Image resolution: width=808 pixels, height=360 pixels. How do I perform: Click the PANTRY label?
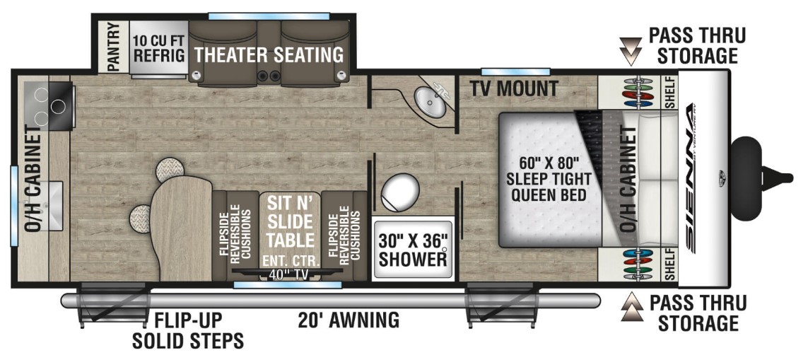pos(113,47)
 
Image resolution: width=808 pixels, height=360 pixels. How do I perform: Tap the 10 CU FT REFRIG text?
pos(159,47)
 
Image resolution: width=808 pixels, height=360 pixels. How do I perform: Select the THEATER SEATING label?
pos(269,54)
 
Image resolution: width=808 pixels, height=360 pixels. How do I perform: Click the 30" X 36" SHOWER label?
pos(413,250)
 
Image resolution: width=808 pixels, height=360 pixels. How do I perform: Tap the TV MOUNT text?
pos(514,89)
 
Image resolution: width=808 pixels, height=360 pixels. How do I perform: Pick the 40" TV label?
pos(288,274)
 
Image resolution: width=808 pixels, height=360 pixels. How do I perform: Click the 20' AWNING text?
pos(349,320)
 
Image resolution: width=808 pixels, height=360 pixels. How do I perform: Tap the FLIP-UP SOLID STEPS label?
pos(187,330)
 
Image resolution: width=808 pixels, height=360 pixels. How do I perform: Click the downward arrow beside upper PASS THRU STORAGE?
pos(631,50)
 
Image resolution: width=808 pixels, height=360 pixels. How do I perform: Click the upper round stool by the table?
pos(170,169)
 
